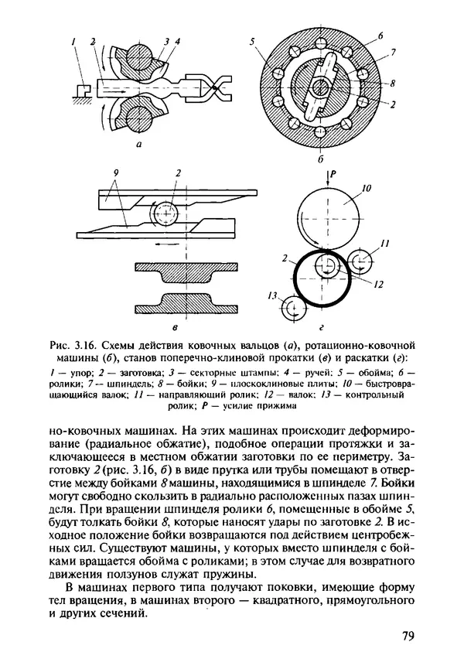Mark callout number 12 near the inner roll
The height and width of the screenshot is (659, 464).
(378, 284)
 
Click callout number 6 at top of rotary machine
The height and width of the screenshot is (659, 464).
(380, 35)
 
